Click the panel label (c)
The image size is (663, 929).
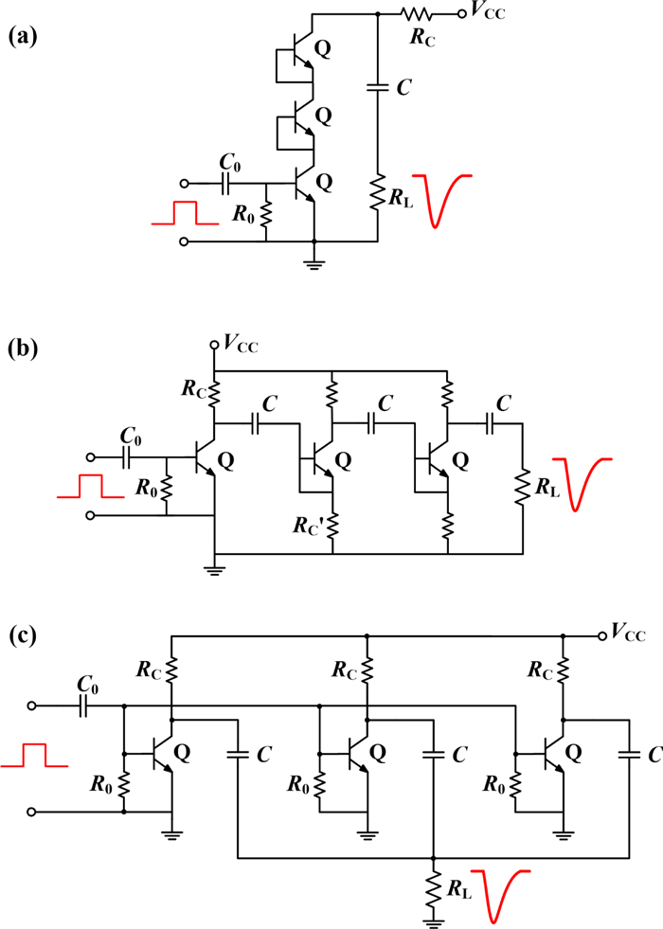(x=23, y=634)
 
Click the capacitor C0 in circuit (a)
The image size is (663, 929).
(x=228, y=184)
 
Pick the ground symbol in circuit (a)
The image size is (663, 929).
(x=314, y=263)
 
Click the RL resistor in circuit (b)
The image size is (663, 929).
(x=522, y=489)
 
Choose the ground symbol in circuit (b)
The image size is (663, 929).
(x=216, y=569)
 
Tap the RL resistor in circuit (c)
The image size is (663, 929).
(x=433, y=889)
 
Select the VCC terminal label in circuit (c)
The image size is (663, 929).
(x=628, y=634)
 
